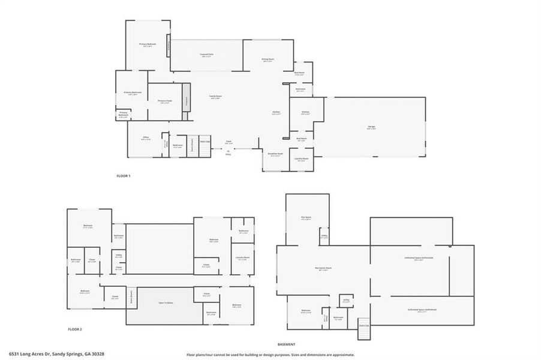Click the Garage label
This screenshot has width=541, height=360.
pyautogui.click(x=372, y=127)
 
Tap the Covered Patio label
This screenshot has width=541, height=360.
pyautogui.click(x=208, y=55)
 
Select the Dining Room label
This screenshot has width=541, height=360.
pyautogui.click(x=268, y=59)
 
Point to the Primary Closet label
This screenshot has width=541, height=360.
pyautogui.click(x=165, y=101)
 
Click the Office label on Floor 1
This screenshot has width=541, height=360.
pyautogui.click(x=146, y=137)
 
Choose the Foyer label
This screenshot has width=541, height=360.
pyautogui.click(x=229, y=142)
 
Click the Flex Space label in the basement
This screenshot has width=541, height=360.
pyautogui.click(x=308, y=218)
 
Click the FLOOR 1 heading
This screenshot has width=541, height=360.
pyautogui.click(x=123, y=176)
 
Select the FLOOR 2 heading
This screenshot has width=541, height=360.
pyautogui.click(x=75, y=329)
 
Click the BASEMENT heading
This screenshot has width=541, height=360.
pyautogui.click(x=286, y=344)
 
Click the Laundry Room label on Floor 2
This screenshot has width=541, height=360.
pyautogui.click(x=242, y=258)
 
